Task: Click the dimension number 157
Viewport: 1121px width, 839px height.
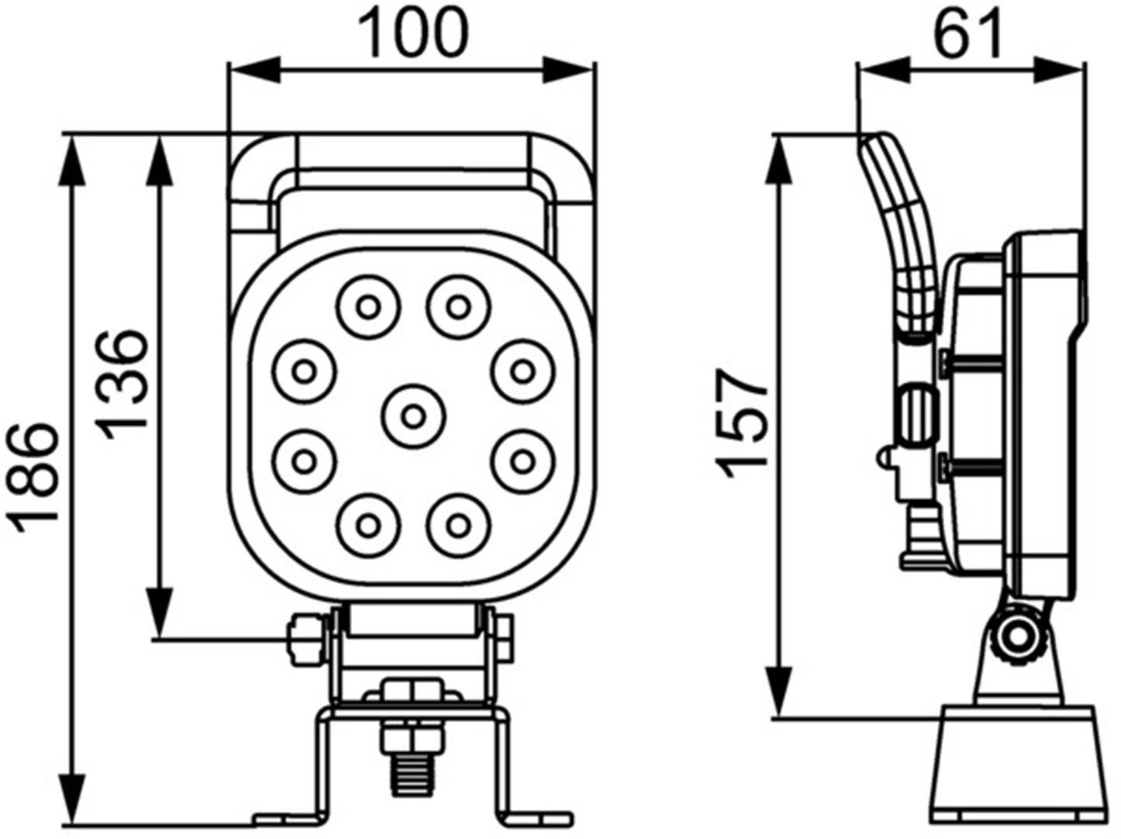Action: pos(742,423)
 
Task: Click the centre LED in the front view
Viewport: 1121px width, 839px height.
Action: pos(414,417)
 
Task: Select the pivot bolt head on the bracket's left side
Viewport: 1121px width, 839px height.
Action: pos(305,639)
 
